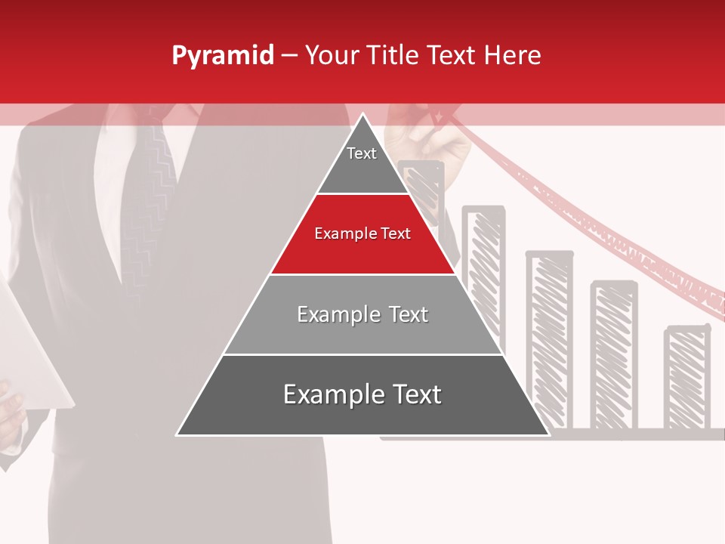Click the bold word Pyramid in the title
click(x=223, y=56)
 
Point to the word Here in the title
click(x=512, y=56)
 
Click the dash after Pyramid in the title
click(x=289, y=56)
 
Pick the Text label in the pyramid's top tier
click(x=362, y=153)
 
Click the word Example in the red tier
click(x=341, y=233)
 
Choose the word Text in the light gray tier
click(x=408, y=314)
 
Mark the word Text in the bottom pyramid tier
click(x=416, y=394)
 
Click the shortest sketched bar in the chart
click(x=686, y=378)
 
